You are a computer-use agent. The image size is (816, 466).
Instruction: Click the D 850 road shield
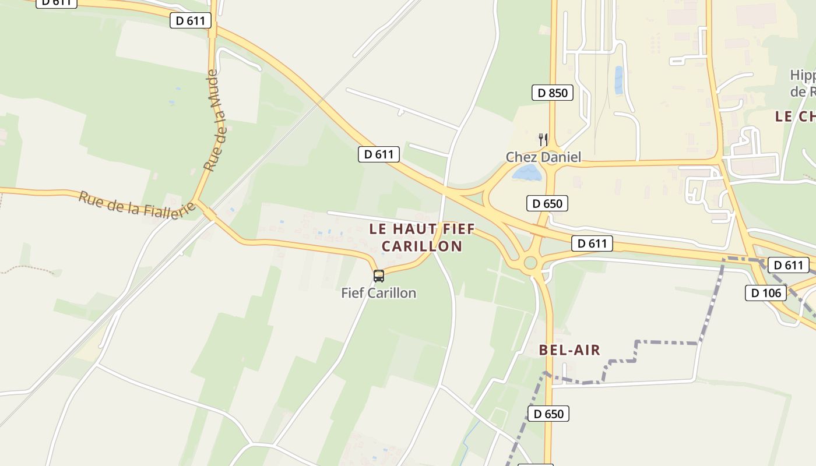(x=552, y=93)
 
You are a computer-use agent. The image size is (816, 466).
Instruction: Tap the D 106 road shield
(x=765, y=292)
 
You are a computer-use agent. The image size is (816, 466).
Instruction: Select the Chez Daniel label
(x=543, y=157)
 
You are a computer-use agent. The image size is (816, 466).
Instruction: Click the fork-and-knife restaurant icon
(x=543, y=139)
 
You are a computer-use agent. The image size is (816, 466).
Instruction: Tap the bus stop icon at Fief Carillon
(x=379, y=276)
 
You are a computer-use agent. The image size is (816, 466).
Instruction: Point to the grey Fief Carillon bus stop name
(x=379, y=292)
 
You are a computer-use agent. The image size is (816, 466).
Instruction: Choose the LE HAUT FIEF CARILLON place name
(x=422, y=237)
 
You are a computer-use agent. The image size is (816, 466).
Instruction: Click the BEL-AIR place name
(x=569, y=350)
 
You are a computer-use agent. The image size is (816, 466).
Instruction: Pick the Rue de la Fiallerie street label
(x=136, y=204)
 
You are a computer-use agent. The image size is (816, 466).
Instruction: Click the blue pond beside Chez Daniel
(x=527, y=172)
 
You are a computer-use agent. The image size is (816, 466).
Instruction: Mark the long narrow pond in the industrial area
(x=618, y=80)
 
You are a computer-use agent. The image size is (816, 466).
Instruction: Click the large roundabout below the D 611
(x=530, y=263)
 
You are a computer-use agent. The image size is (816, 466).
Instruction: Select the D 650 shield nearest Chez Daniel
(x=547, y=203)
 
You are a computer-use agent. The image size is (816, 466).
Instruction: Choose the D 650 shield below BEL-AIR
(x=548, y=414)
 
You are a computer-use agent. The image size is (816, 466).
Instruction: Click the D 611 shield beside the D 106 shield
(x=789, y=265)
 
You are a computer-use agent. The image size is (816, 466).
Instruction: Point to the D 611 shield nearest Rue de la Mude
(x=190, y=20)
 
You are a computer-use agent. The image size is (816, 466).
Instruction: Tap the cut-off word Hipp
(x=803, y=75)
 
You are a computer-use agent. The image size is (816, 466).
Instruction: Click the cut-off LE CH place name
(x=794, y=116)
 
